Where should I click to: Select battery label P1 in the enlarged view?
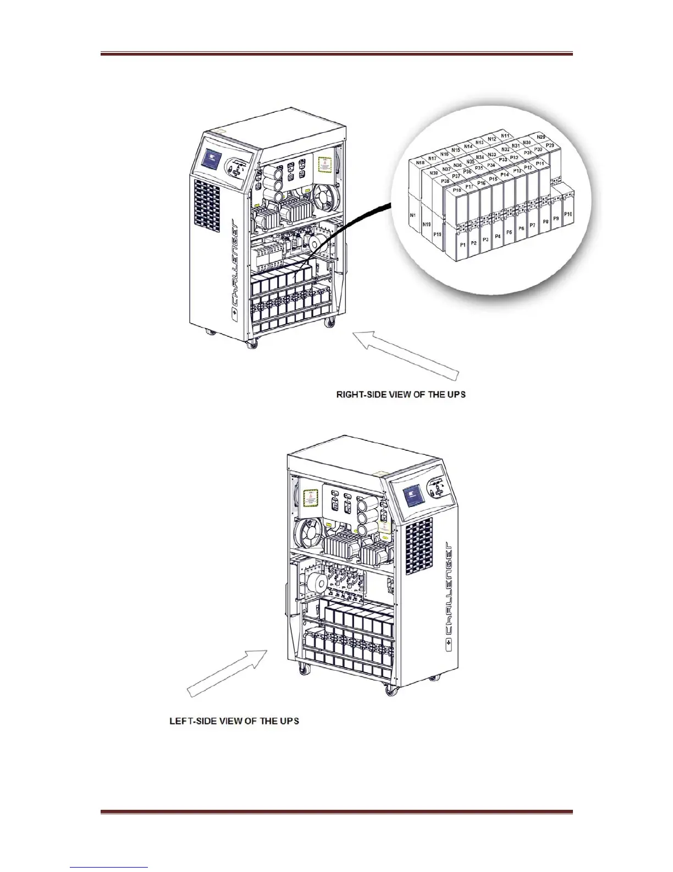[x=462, y=243]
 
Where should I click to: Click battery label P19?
[x=438, y=234]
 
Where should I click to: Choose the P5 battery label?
[x=509, y=233]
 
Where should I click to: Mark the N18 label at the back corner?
[x=420, y=163]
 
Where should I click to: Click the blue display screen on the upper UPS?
[x=211, y=160]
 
